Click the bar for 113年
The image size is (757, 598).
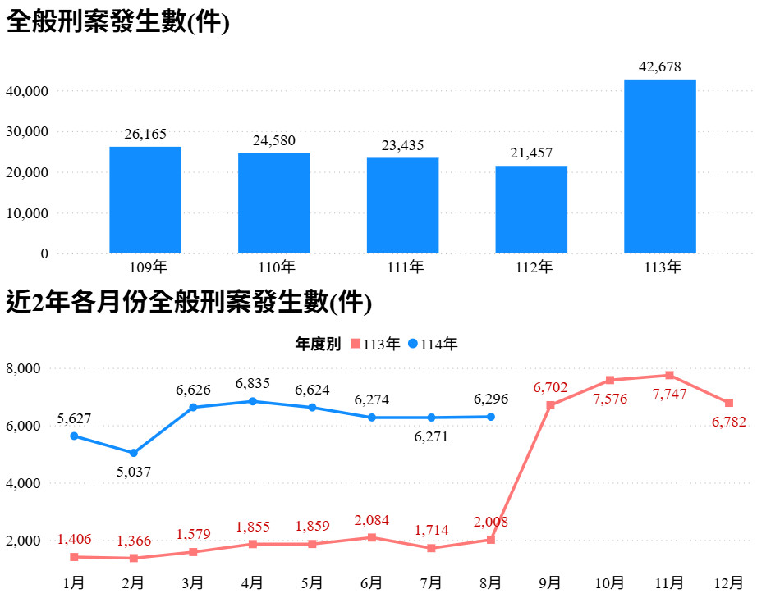point(659,166)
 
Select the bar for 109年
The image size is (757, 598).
point(145,199)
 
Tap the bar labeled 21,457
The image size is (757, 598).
point(531,209)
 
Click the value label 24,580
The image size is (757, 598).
point(274,141)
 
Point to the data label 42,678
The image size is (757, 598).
point(660,67)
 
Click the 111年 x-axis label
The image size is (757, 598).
point(402,267)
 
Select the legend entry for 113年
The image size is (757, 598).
point(376,345)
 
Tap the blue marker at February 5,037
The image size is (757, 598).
point(134,453)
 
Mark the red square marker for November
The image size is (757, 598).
point(670,375)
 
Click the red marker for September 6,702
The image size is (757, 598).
point(551,405)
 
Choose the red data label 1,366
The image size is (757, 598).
point(133,541)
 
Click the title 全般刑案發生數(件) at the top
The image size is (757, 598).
point(117,22)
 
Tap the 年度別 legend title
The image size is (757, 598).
point(318,345)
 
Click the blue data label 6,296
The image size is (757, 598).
point(491,399)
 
